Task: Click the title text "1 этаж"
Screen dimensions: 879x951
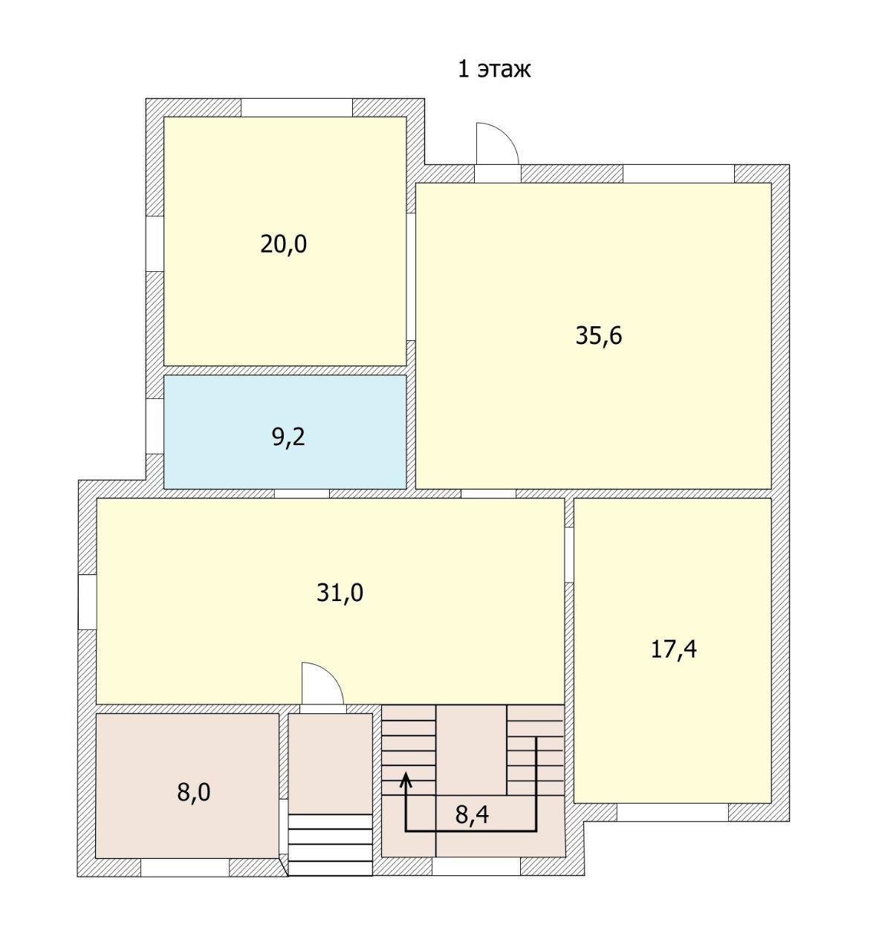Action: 494,69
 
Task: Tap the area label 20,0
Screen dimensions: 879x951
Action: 283,244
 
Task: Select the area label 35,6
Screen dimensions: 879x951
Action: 598,336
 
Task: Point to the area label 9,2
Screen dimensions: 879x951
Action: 288,437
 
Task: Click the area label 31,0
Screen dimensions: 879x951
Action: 340,593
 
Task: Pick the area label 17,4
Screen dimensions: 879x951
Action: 673,650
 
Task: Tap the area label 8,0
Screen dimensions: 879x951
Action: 193,793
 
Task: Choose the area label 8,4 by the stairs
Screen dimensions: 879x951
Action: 472,814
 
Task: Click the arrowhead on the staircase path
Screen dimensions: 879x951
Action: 406,780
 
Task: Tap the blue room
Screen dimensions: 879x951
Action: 285,432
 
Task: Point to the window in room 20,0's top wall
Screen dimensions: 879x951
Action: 296,108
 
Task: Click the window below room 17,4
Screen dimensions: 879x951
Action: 672,813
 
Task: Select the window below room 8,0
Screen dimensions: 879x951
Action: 185,868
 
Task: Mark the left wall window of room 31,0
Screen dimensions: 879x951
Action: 87,603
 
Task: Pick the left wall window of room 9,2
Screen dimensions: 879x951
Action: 155,426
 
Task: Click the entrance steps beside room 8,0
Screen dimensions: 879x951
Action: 330,845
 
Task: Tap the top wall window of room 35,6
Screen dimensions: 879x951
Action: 678,174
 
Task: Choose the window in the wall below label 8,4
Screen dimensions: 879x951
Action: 476,867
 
